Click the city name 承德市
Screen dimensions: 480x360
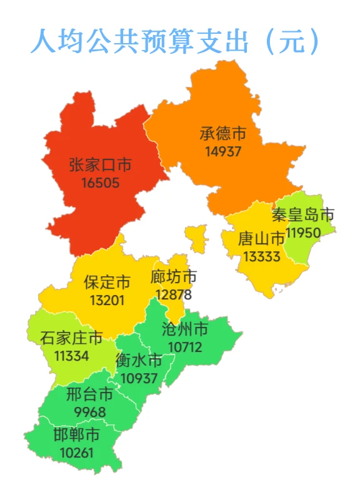pyautogui.click(x=222, y=134)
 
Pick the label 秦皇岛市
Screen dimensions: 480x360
pyautogui.click(x=303, y=216)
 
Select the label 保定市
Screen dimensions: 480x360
pyautogui.click(x=107, y=282)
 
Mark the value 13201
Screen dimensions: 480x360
pyautogui.click(x=107, y=300)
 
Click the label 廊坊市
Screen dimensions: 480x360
pyautogui.click(x=174, y=277)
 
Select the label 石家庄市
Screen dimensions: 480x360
pyautogui.click(x=71, y=339)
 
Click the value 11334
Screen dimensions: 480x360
pyautogui.click(x=71, y=356)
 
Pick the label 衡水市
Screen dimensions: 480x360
pyautogui.click(x=139, y=361)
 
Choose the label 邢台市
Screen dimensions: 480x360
pyautogui.click(x=89, y=395)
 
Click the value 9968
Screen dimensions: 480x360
pyautogui.click(x=89, y=412)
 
